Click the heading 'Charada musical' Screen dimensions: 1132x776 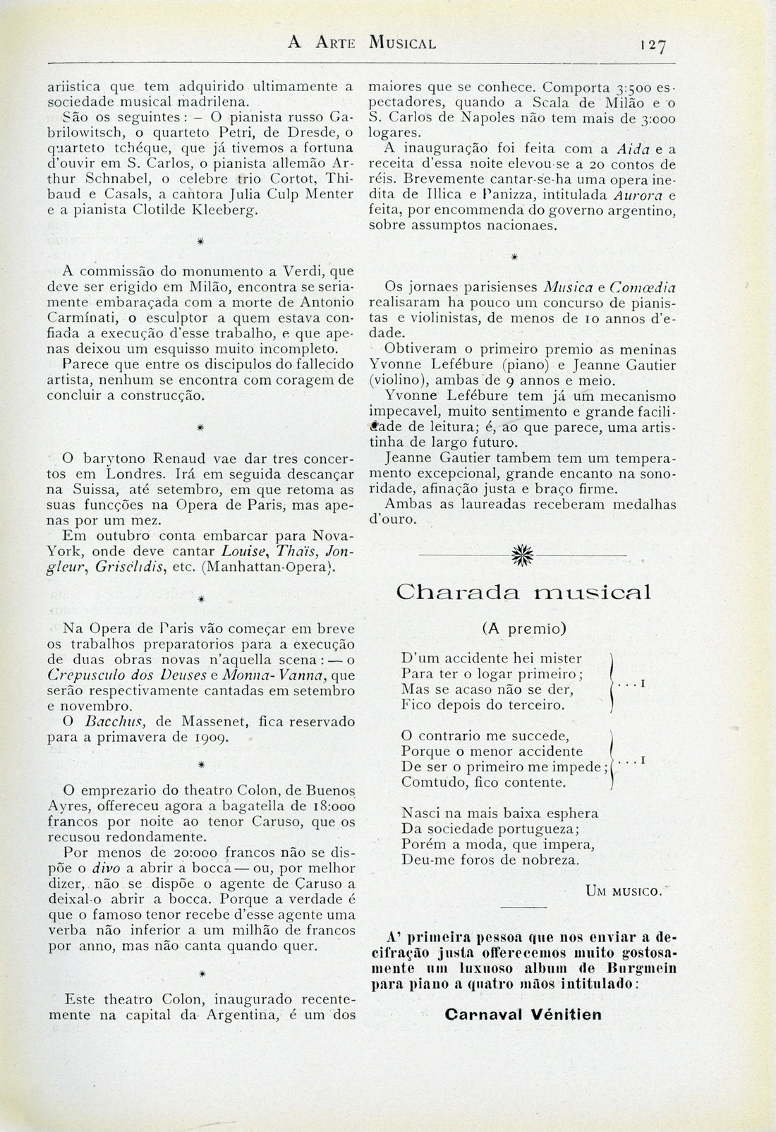coord(523,591)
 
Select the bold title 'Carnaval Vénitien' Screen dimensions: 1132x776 coord(523,1015)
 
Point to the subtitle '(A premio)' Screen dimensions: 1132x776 coord(523,627)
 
